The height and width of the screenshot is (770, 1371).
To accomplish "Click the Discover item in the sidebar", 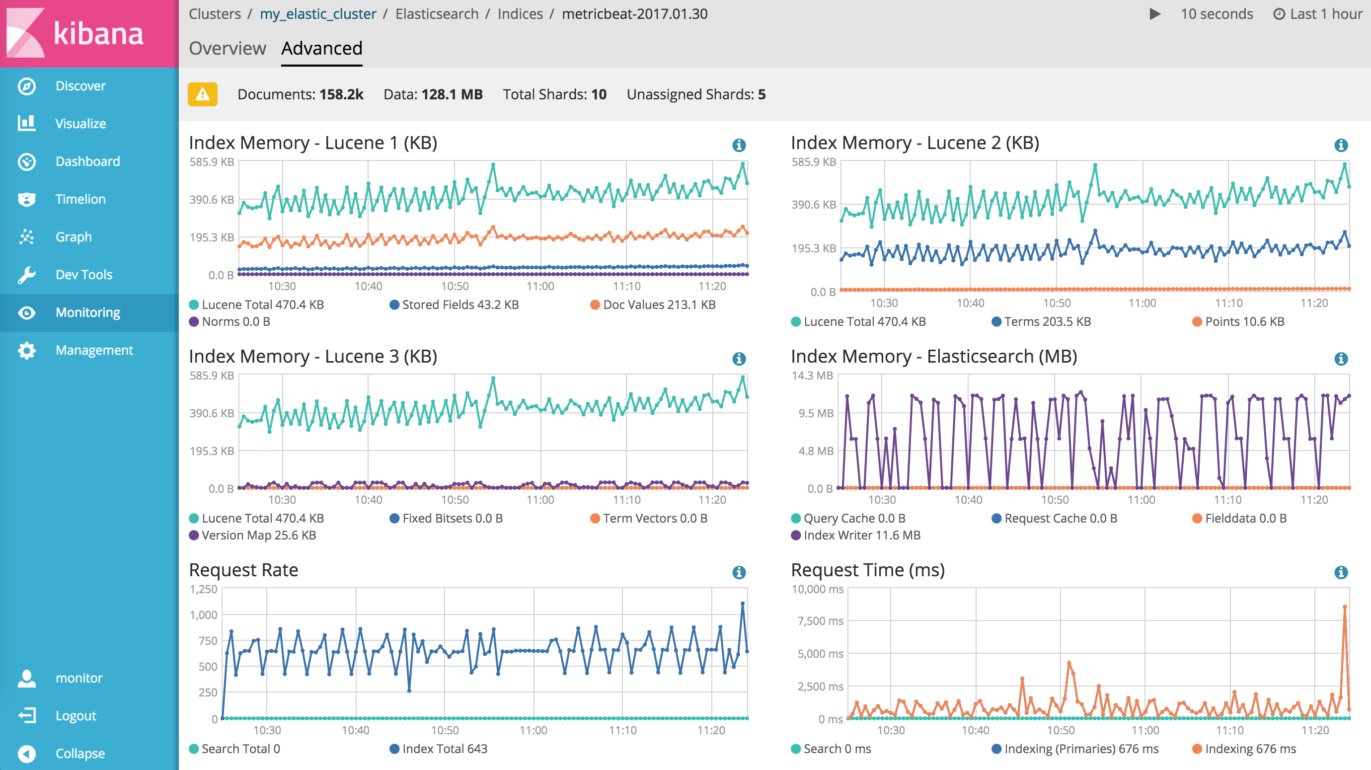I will coord(80,85).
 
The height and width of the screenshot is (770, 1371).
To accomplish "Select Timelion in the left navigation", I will coord(80,199).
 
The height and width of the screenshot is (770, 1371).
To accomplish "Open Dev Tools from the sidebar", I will coord(83,275).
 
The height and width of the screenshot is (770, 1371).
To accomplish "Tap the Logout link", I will coord(76,716).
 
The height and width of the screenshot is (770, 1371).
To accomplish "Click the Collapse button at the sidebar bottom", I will coord(80,754).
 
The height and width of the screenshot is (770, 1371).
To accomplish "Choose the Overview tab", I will coord(228,48).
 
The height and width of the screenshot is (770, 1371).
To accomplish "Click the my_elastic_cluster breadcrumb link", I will coord(318,14).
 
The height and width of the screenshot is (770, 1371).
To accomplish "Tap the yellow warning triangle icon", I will coord(202,94).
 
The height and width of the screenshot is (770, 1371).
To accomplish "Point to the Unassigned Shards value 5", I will coord(762,94).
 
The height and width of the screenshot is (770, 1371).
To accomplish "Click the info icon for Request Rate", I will coord(739,572).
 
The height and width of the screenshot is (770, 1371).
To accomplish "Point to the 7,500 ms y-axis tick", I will coord(820,621).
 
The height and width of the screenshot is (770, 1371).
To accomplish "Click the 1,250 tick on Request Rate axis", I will coord(204,589).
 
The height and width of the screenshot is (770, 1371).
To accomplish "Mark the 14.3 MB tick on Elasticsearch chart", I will coord(812,376).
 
